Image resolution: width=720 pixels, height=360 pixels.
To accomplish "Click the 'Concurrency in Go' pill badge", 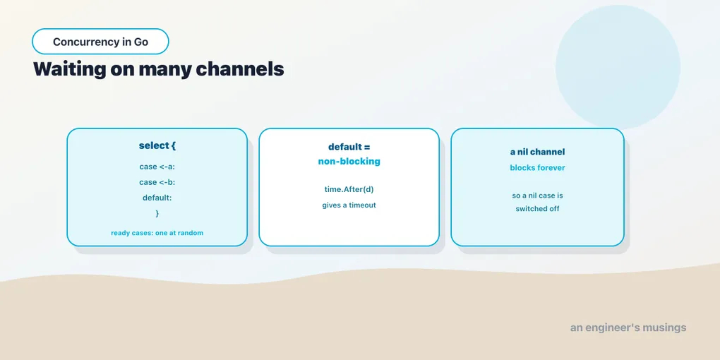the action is (100, 42).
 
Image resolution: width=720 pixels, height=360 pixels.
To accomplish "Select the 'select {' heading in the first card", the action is (157, 145).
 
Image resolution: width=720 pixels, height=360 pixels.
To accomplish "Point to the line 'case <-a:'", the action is (157, 167).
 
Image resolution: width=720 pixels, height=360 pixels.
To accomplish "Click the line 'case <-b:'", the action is (157, 182).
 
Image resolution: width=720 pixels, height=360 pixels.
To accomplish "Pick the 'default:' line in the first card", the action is (157, 198).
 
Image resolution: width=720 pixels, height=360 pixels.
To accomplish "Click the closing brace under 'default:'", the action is (157, 213).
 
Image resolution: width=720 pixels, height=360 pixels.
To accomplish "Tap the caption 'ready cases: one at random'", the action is (157, 233).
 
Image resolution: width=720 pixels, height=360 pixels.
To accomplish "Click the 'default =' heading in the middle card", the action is (349, 147).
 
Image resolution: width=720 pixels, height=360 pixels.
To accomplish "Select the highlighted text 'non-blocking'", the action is (349, 161).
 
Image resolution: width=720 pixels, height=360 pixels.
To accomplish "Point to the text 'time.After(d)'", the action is (349, 189).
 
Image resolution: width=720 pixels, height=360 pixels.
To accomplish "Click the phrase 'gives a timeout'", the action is (349, 205).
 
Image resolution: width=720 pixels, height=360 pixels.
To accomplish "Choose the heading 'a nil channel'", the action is (537, 152).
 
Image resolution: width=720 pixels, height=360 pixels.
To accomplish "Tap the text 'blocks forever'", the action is (537, 167).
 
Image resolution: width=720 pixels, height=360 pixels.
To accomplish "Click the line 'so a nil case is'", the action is (537, 196).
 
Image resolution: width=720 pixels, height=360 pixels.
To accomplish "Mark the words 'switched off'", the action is (537, 209).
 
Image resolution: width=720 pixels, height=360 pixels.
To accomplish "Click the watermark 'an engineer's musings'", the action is (628, 328).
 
